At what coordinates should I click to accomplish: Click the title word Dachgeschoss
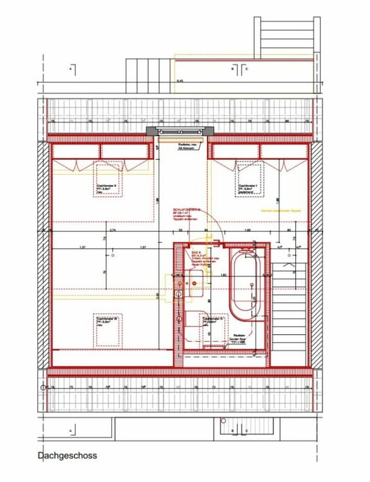click(67, 456)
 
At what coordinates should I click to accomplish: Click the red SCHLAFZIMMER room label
click(186, 210)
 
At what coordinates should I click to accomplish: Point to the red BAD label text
click(197, 253)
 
